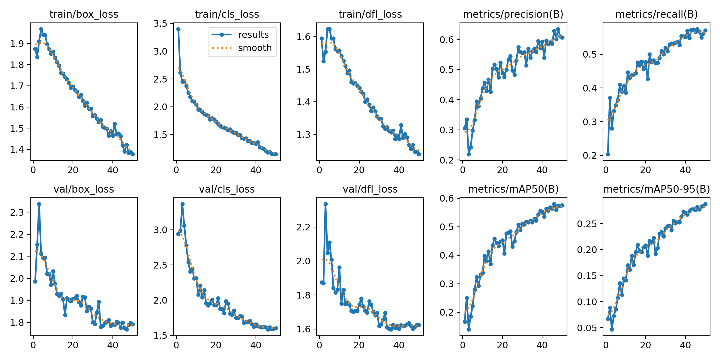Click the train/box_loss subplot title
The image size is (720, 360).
point(84,14)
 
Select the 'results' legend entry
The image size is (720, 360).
point(253,35)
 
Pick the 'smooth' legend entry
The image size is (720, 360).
point(255,48)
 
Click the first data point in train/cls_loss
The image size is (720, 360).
point(178,29)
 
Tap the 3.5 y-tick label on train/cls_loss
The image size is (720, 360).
point(161,24)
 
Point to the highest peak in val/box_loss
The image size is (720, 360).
point(39,204)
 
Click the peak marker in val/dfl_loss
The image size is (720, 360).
point(325,204)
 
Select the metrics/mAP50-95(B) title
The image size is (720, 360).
point(656,189)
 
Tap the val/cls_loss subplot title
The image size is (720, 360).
point(227,189)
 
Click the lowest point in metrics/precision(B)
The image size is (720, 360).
point(469,154)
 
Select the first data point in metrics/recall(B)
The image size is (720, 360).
point(608,154)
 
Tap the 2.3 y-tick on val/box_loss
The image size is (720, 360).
point(17,213)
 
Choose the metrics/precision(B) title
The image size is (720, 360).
point(513,14)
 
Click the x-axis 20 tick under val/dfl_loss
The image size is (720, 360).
point(359,345)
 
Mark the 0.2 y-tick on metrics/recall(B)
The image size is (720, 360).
point(590,156)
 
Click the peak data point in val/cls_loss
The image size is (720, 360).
point(182,204)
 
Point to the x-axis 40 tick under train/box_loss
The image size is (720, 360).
point(112,170)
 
